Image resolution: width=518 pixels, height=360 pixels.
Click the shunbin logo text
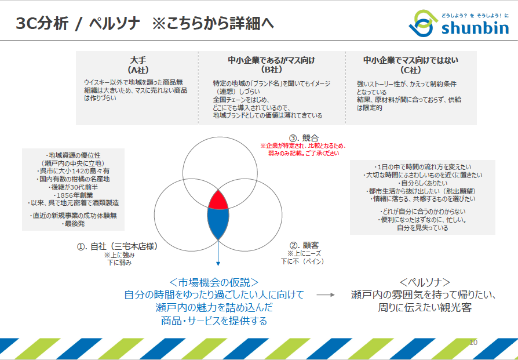(x=475, y=28)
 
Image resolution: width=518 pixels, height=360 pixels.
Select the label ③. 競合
(x=304, y=138)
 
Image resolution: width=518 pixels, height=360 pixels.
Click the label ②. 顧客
(x=304, y=245)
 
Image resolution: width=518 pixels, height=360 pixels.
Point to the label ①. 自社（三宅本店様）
(x=118, y=246)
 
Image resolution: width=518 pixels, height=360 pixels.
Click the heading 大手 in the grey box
(x=138, y=60)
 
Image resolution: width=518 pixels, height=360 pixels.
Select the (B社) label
(x=271, y=70)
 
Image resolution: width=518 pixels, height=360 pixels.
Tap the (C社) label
(x=411, y=70)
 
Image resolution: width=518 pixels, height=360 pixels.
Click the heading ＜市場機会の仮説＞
(x=214, y=282)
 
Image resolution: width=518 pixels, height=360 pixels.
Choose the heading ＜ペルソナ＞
(x=425, y=282)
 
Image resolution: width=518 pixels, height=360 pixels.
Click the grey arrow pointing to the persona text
(x=326, y=295)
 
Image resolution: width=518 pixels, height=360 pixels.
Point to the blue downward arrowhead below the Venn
(x=218, y=263)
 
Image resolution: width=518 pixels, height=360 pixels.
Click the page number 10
(x=473, y=343)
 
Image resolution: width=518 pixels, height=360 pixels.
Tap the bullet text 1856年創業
(x=74, y=195)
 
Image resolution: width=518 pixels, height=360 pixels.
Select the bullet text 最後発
(x=74, y=224)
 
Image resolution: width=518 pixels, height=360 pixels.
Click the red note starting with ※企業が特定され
(x=303, y=150)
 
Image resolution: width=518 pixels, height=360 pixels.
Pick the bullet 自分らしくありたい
(x=423, y=183)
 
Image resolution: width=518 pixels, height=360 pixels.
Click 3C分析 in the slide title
(x=42, y=23)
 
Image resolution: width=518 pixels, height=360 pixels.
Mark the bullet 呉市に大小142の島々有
(x=74, y=171)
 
